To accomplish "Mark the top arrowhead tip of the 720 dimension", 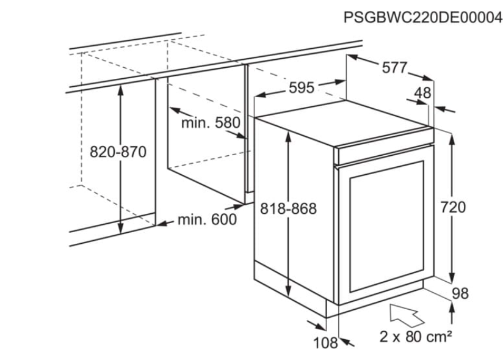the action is [452, 134].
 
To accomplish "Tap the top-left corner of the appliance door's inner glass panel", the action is [350, 177].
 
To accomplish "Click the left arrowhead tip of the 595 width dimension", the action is [256, 95].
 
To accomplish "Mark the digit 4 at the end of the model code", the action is [498, 18].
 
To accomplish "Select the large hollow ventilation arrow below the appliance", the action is [407, 315].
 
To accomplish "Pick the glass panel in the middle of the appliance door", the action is [386, 227].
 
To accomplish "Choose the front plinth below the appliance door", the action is [375, 299].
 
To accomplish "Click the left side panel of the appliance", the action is [294, 209].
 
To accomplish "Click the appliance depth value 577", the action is [394, 68].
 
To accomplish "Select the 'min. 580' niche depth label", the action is [211, 123].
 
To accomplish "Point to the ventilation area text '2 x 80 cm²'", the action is [416, 337].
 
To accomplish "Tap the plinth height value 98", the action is [460, 293].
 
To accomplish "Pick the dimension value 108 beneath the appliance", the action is [325, 343].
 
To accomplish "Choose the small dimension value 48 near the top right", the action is [422, 93].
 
